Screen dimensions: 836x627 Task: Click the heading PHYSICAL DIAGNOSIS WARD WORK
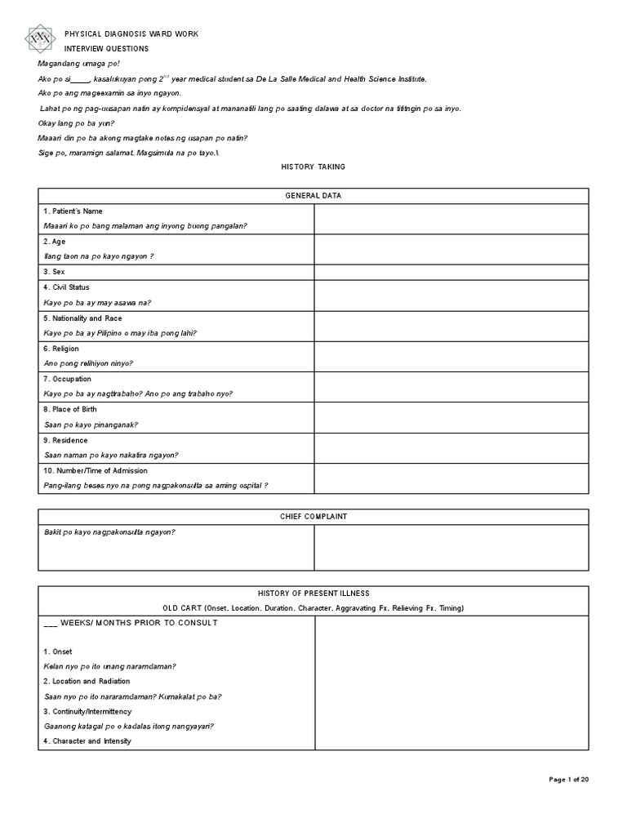131,33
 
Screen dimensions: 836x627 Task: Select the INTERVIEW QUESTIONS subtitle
107,48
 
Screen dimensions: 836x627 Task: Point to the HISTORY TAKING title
313,167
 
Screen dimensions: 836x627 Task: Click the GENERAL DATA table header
313,196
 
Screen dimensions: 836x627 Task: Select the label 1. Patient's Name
73,211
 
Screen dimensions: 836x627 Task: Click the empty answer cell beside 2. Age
451,249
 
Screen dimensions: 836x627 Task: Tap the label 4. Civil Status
66,287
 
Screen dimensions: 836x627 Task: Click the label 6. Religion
61,349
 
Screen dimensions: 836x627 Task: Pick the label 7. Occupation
67,379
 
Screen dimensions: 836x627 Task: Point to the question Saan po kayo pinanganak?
91,425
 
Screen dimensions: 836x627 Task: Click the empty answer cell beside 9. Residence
451,447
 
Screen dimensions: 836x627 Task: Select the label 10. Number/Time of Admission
96,470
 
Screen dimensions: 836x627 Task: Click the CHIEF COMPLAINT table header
313,517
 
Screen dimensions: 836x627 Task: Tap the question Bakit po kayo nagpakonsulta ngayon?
109,532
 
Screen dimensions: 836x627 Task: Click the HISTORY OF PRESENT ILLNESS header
313,593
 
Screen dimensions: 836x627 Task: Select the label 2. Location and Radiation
87,681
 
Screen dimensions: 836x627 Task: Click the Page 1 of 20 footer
568,780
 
